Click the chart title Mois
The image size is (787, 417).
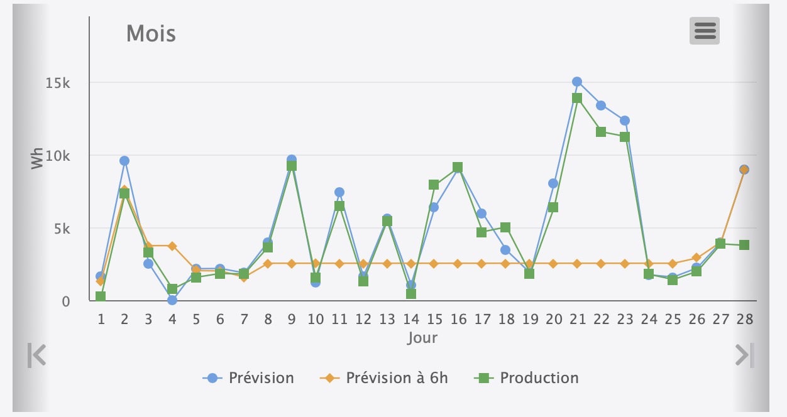click(x=151, y=33)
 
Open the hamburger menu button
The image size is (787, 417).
click(x=705, y=30)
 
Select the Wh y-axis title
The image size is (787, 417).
click(x=38, y=158)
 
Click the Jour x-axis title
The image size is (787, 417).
click(x=422, y=338)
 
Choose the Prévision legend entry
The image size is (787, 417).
click(x=248, y=378)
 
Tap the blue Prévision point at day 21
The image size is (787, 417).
click(x=577, y=82)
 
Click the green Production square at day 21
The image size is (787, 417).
click(x=577, y=98)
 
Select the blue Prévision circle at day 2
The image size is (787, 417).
click(x=124, y=161)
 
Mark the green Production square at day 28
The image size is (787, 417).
click(x=744, y=245)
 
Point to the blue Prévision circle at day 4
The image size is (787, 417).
click(x=172, y=300)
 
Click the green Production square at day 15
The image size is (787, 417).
click(x=434, y=185)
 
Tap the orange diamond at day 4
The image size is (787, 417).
click(x=172, y=246)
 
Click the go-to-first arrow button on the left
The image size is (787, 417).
click(x=37, y=355)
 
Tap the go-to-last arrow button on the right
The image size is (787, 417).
click(x=744, y=355)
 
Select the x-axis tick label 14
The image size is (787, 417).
click(x=411, y=319)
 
